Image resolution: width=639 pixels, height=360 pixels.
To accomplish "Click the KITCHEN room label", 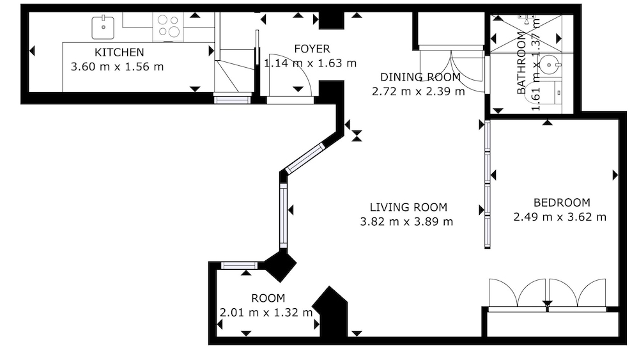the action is click(x=119, y=52).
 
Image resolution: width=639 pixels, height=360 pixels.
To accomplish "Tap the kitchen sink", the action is click(x=103, y=27).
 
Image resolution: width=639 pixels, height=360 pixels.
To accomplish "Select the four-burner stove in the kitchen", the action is click(x=169, y=26).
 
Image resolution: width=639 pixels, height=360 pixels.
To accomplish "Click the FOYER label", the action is click(x=312, y=49).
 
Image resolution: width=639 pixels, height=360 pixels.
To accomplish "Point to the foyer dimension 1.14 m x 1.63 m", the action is click(x=310, y=63).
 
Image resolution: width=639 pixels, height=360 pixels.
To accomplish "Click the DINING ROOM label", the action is click(x=420, y=77).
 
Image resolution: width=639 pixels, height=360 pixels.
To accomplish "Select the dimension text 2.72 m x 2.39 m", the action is click(x=418, y=91).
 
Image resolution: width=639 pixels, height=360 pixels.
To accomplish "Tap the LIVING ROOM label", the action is click(x=408, y=207).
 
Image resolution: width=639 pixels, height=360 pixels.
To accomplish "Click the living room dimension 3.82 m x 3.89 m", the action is click(x=406, y=221).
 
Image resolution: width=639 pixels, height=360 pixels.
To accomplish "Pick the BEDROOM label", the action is click(x=562, y=203).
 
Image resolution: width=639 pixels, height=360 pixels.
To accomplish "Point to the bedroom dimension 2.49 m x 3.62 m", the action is click(x=560, y=217).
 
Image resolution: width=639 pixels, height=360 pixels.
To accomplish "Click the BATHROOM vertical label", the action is click(x=521, y=63).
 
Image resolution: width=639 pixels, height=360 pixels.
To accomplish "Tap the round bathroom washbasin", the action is click(x=550, y=65).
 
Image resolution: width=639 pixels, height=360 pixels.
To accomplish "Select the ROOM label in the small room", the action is click(x=268, y=298).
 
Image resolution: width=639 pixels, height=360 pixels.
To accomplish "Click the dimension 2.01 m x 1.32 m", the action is click(x=266, y=312).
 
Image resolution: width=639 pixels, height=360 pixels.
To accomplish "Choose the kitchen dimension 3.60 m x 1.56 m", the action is click(x=118, y=67).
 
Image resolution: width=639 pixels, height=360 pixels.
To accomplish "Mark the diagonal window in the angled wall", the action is click(x=305, y=158).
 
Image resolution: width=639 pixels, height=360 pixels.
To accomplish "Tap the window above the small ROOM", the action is click(x=239, y=266).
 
